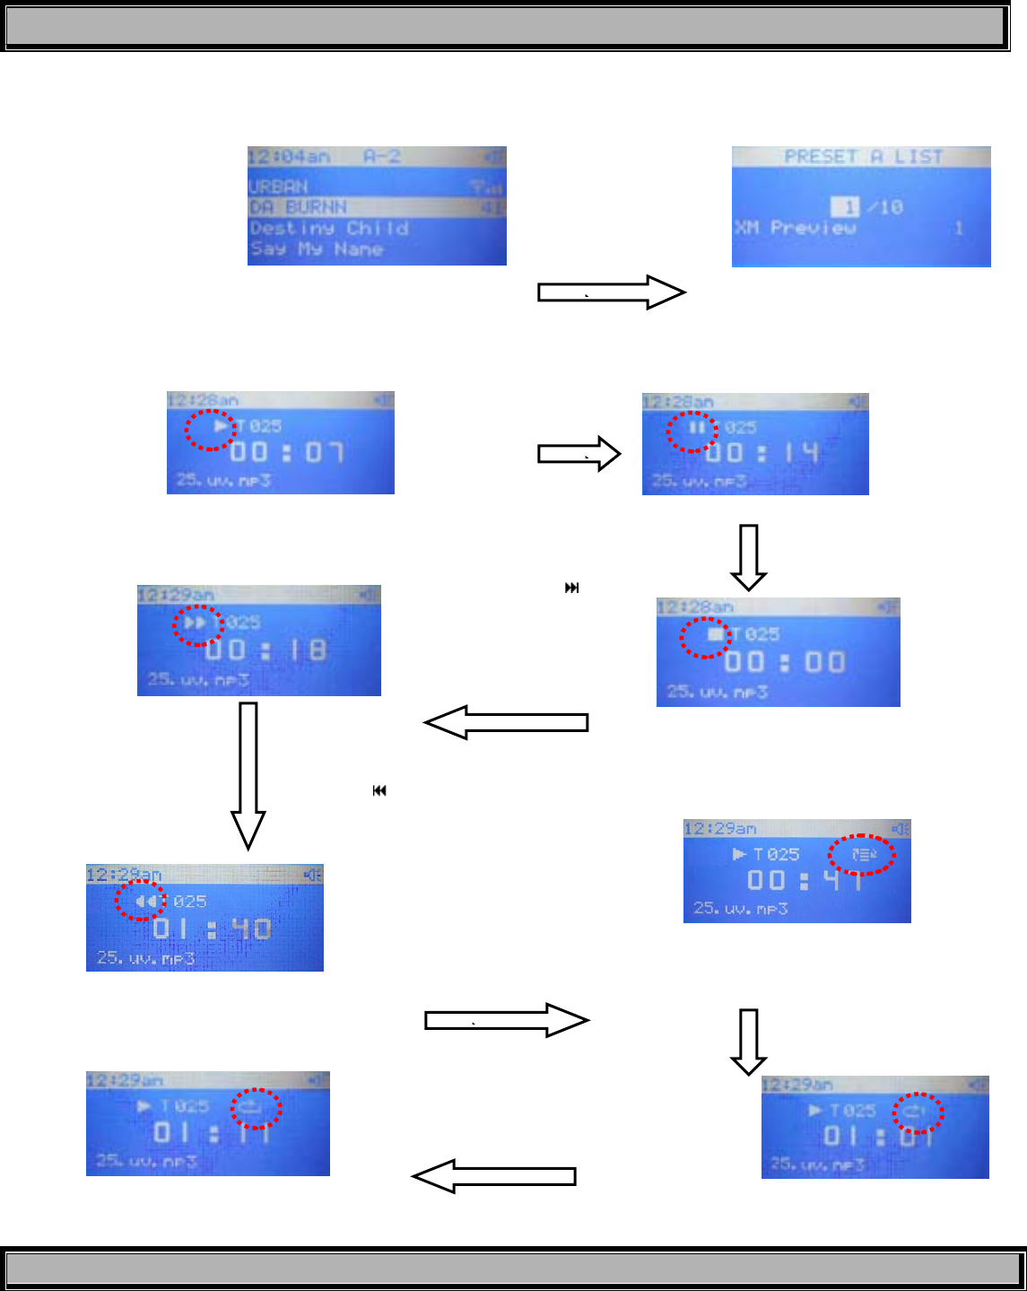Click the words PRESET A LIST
coord(863,157)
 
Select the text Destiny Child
coord(329,229)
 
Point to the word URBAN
coord(278,187)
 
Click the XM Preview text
coord(795,228)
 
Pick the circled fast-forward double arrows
coord(196,623)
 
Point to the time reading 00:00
coord(785,663)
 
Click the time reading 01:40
coord(212,929)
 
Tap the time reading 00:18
coord(265,650)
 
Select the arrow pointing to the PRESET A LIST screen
coord(611,292)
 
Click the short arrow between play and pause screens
coord(579,454)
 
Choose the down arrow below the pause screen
coord(748,557)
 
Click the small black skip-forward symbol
coord(571,589)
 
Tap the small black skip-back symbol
coord(379,790)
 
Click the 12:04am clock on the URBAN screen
coord(289,157)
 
